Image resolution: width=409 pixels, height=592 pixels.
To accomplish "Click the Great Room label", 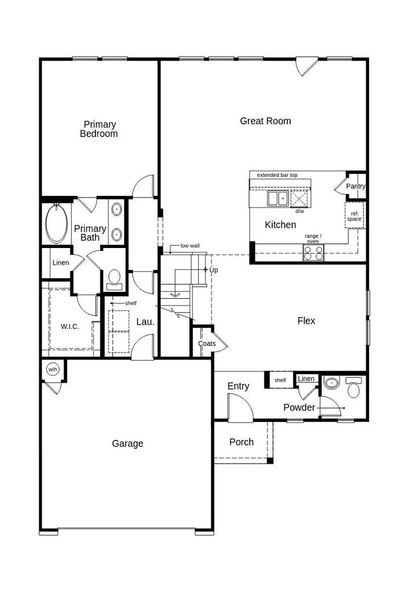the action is pyautogui.click(x=265, y=121).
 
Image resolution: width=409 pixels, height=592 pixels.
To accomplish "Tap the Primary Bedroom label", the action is pyautogui.click(x=99, y=129).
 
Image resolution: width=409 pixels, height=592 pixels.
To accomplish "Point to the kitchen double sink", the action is pyautogui.click(x=278, y=198).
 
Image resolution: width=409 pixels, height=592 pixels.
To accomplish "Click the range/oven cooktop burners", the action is pyautogui.click(x=314, y=253).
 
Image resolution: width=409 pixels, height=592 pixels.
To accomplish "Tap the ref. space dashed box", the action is pyautogui.click(x=354, y=215).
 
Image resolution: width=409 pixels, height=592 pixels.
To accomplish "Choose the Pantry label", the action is pyautogui.click(x=355, y=186).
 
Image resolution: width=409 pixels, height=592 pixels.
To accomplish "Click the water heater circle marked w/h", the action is pyautogui.click(x=53, y=369).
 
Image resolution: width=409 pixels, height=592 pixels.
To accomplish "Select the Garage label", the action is pyautogui.click(x=128, y=443).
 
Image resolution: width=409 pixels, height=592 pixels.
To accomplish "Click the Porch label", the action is pyautogui.click(x=241, y=442).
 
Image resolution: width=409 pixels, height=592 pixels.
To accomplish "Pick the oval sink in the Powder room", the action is pyautogui.click(x=332, y=383).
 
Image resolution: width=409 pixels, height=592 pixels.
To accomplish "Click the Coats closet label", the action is pyautogui.click(x=207, y=343).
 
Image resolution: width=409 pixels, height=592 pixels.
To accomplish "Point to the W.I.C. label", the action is pyautogui.click(x=70, y=327).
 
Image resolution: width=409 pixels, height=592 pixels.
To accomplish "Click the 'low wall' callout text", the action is pyautogui.click(x=190, y=246).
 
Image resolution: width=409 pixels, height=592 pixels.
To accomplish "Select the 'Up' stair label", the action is pyautogui.click(x=214, y=271).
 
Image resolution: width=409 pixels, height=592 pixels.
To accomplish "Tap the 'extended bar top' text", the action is pyautogui.click(x=277, y=175).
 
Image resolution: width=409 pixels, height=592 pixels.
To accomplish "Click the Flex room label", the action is pyautogui.click(x=306, y=321).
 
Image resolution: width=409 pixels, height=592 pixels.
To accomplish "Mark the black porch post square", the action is pyautogui.click(x=270, y=461).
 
